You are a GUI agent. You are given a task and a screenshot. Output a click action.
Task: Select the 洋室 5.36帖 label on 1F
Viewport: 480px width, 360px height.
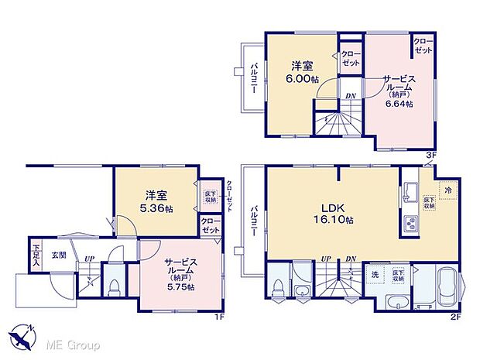pos(156,201)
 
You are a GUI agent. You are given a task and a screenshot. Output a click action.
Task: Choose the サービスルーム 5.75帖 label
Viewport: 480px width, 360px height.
pos(179,273)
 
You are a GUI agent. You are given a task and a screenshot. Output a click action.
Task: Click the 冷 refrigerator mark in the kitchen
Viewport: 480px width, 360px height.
pos(447,188)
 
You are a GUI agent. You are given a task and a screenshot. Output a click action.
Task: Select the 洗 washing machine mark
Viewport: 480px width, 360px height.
pos(374,275)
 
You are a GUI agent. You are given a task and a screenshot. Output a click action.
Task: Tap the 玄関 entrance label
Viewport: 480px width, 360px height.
pos(59,255)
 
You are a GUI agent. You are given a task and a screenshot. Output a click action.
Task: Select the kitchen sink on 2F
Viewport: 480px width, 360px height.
pos(410,191)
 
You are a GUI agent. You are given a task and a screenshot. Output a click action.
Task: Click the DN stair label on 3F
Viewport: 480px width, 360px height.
pos(350,95)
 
